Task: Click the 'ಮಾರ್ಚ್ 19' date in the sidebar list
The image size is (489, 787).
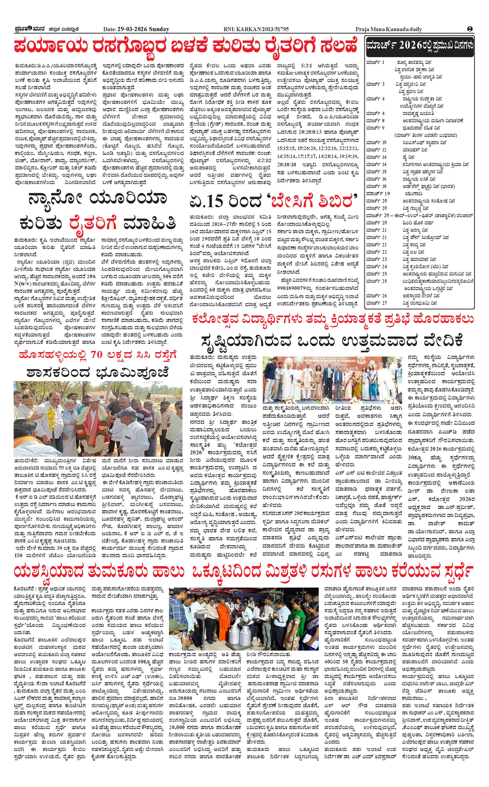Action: pyautogui.click(x=378, y=193)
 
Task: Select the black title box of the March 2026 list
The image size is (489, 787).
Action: pyautogui.click(x=419, y=46)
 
